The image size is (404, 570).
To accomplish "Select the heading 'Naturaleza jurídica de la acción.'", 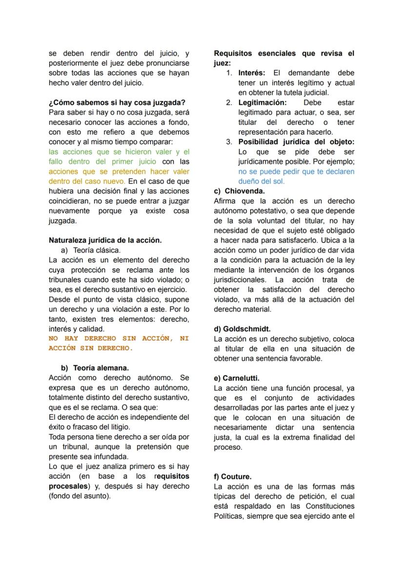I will (105, 240).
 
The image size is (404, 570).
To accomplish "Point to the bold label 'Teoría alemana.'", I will (101, 368).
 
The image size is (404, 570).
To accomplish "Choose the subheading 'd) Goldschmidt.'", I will (242, 329).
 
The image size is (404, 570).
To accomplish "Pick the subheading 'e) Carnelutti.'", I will (237, 378).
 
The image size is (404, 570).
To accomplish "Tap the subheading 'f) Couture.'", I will (233, 476).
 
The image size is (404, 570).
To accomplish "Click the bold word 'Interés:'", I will (251, 73).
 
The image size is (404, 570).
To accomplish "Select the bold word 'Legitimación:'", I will (262, 102).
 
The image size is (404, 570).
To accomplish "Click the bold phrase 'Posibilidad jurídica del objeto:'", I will (296, 142).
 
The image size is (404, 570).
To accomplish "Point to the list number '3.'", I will (229, 142).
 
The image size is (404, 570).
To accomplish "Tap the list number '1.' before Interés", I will (229, 73).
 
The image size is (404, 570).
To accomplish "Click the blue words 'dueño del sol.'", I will (261, 181).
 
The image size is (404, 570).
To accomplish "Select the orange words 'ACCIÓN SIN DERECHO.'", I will (91, 348).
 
